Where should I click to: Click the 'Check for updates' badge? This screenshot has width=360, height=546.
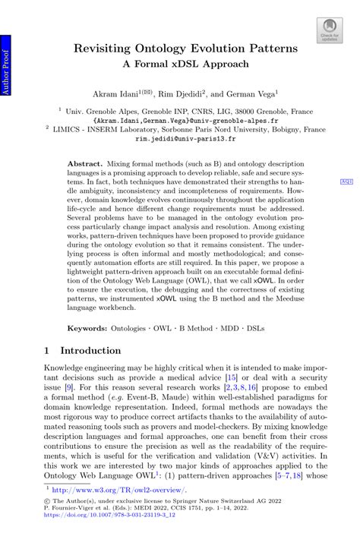[x=328, y=30]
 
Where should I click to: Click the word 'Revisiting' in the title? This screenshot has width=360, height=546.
[x=103, y=49]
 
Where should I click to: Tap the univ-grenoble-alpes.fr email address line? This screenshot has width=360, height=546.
[x=185, y=120]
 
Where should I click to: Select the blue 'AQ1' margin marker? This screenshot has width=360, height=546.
[x=346, y=182]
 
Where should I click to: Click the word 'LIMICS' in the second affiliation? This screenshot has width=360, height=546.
[x=81, y=130]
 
